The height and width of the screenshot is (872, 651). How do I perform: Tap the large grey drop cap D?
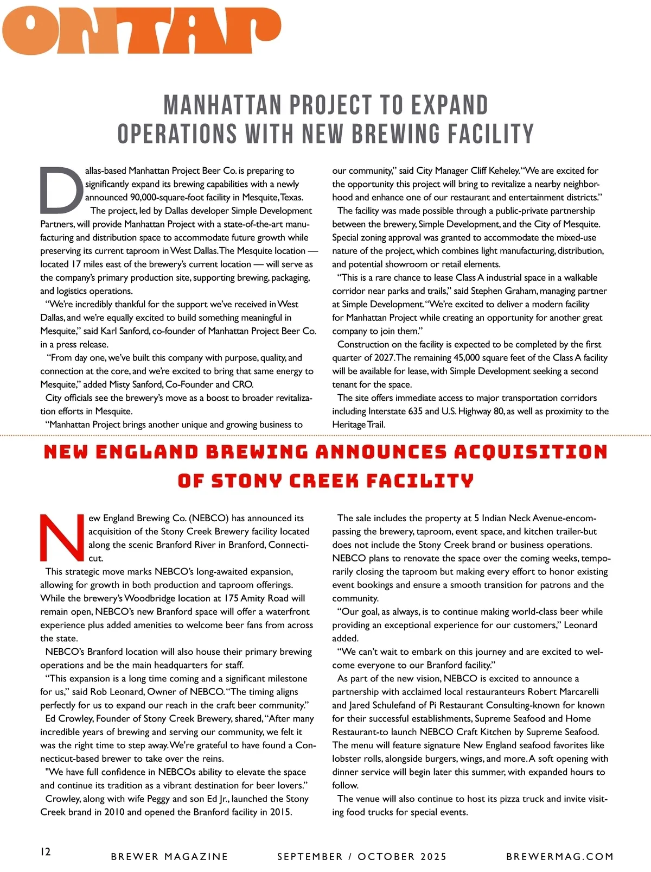[x=61, y=189]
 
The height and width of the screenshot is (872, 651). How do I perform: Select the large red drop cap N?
[x=62, y=537]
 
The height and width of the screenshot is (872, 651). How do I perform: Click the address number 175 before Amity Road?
[x=229, y=598]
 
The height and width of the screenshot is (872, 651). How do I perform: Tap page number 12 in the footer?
[x=46, y=851]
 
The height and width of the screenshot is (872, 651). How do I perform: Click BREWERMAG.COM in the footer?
[x=559, y=857]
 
